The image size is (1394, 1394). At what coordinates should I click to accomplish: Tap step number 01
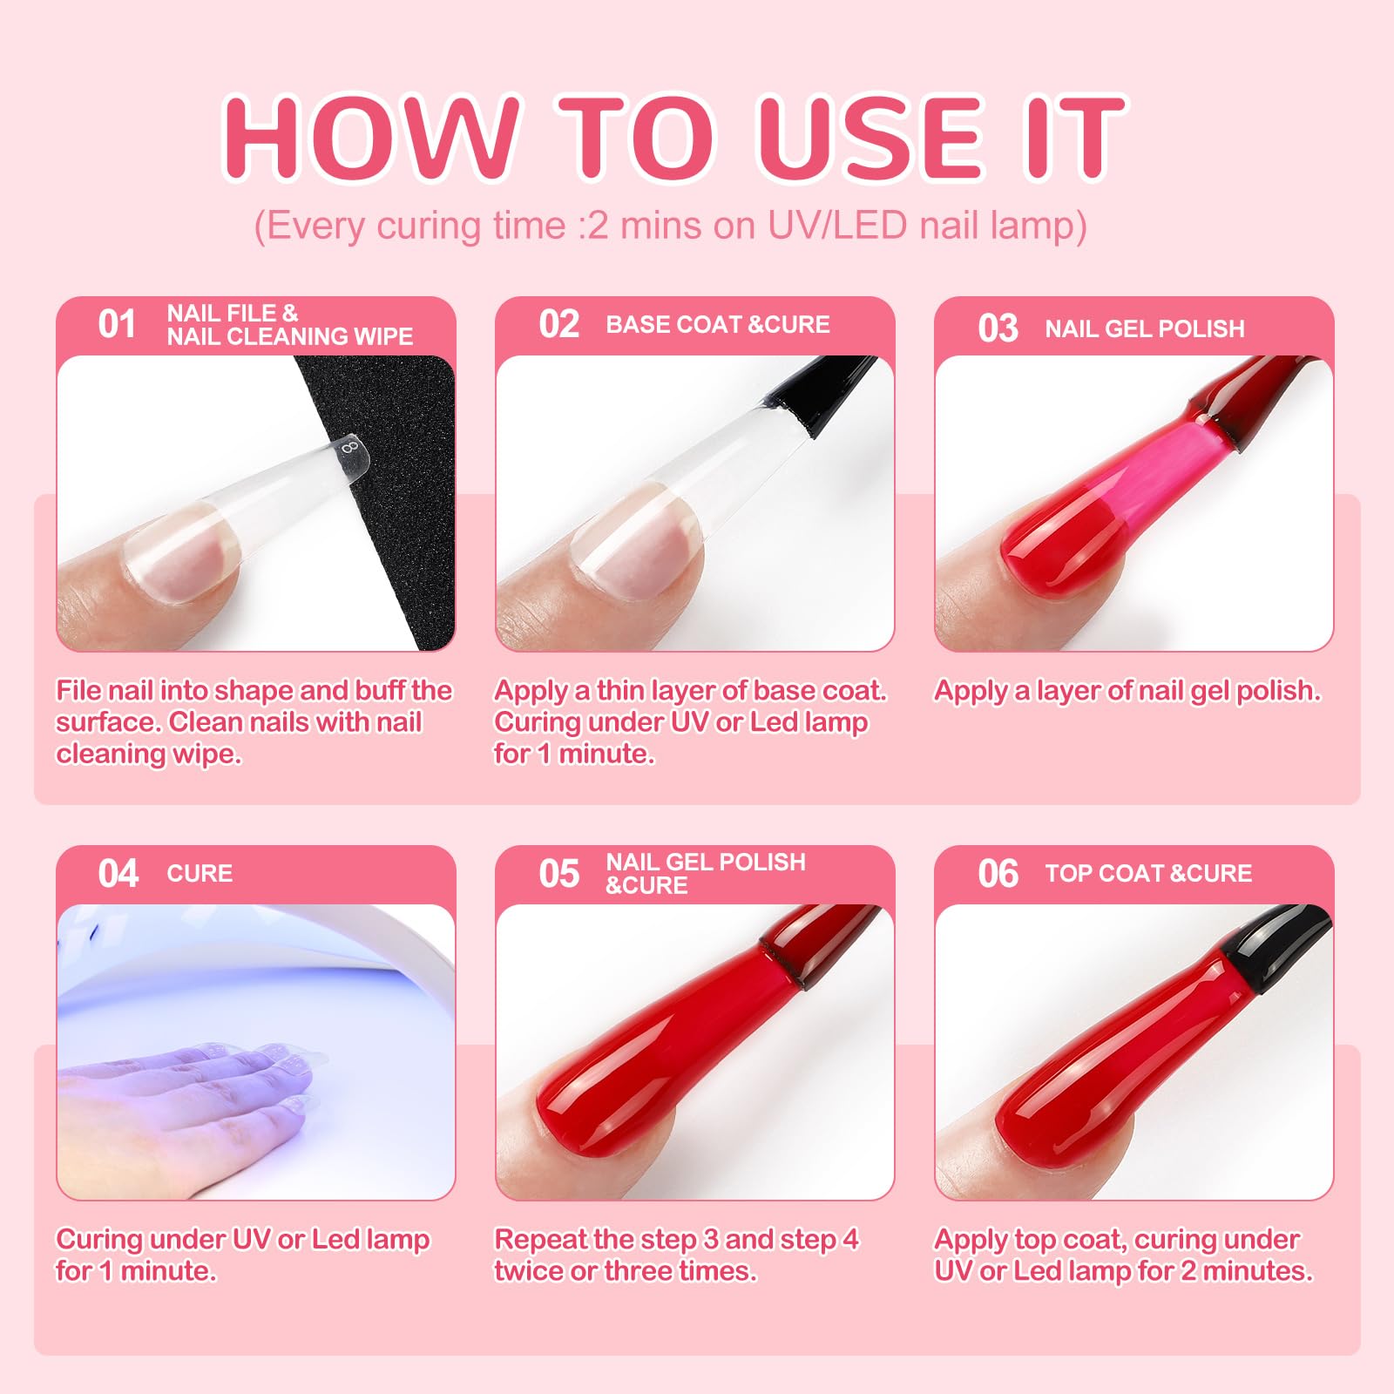(x=117, y=324)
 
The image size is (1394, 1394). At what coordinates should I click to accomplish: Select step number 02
(x=558, y=324)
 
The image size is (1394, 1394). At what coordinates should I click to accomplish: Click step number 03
(x=998, y=328)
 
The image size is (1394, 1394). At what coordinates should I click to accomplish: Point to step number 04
(x=118, y=873)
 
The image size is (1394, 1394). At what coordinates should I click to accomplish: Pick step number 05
(x=558, y=873)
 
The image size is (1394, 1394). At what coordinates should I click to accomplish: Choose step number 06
(x=998, y=873)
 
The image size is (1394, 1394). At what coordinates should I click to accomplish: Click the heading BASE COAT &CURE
(x=718, y=324)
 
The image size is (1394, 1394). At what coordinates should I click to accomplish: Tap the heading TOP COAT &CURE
(x=1148, y=873)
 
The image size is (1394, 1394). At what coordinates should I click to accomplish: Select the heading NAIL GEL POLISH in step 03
(x=1145, y=328)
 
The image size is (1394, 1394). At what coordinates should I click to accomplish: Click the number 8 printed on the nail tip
(x=350, y=448)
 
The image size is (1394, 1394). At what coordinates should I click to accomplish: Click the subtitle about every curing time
(x=670, y=226)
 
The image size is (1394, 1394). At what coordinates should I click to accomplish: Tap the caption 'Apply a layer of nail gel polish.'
(x=1127, y=691)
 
